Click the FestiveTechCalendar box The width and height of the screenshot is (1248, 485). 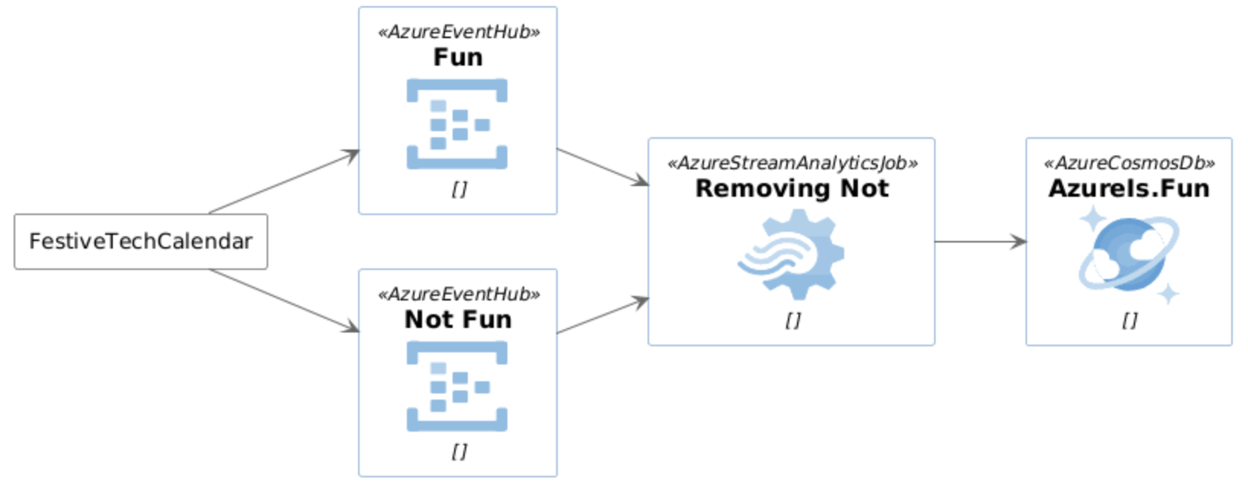pos(141,242)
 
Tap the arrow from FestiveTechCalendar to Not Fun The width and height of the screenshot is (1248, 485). pos(283,300)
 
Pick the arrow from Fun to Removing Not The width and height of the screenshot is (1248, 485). pos(602,166)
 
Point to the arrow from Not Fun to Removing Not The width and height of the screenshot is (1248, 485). pos(602,316)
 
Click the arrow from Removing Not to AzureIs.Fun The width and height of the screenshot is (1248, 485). pos(980,242)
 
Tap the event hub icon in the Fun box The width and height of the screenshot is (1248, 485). pos(457,124)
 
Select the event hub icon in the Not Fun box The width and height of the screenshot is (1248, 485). pos(457,386)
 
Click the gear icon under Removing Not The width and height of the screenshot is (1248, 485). pos(792,254)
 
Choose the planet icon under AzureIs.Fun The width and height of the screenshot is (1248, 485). pos(1128,253)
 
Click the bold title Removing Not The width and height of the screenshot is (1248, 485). pos(792,188)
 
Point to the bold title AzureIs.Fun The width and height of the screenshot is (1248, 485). pos(1128,188)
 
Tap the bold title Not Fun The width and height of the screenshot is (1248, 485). pos(458,320)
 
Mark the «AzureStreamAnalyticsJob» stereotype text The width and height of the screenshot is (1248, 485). pos(792,163)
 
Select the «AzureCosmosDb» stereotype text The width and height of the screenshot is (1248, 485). pos(1128,163)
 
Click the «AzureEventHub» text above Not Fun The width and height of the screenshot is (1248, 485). pos(459,294)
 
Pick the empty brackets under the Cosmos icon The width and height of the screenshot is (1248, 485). pos(1129,320)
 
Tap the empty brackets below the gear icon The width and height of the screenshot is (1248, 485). pos(792,320)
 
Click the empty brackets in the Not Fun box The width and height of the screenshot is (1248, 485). pos(459,451)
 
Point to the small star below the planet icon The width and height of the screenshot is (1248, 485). pos(1168,294)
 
